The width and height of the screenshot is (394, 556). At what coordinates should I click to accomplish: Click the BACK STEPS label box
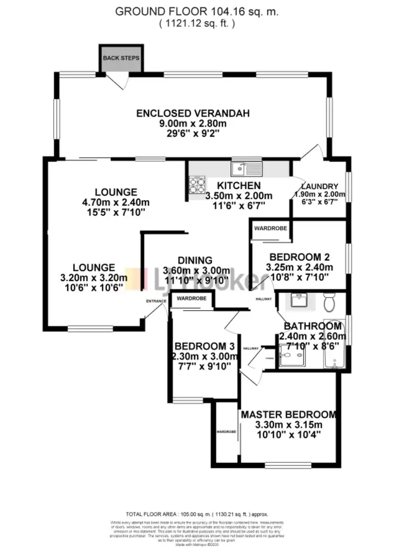pos(121,58)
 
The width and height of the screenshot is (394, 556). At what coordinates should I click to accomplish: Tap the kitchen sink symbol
pos(246,168)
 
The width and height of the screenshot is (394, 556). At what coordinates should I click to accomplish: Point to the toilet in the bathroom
pos(330,303)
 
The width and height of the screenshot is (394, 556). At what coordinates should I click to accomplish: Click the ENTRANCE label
pos(156,301)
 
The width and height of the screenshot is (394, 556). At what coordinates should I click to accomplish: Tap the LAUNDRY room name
pos(319,186)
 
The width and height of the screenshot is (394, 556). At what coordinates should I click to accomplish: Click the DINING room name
pos(194,260)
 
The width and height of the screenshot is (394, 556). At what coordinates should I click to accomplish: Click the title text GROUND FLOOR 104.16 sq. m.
pos(196,11)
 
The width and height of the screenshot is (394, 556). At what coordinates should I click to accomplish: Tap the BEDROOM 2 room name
pos(299,257)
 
